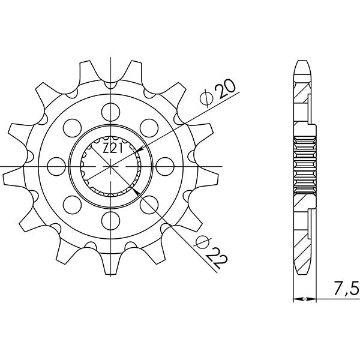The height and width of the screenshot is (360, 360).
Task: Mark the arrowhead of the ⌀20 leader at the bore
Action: click(x=139, y=149)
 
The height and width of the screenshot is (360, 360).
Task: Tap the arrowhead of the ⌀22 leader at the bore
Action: click(x=137, y=190)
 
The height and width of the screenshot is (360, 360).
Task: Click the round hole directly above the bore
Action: click(x=110, y=110)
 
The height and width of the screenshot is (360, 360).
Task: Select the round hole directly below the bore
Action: click(x=110, y=218)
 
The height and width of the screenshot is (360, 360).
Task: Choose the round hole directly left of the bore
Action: click(x=56, y=164)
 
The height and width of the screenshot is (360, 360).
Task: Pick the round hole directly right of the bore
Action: click(x=164, y=164)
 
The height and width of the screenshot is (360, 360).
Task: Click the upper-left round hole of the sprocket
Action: click(x=72, y=126)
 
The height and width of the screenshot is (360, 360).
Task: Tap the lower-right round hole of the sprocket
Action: click(x=149, y=203)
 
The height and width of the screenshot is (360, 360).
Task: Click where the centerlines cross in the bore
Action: click(x=110, y=164)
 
